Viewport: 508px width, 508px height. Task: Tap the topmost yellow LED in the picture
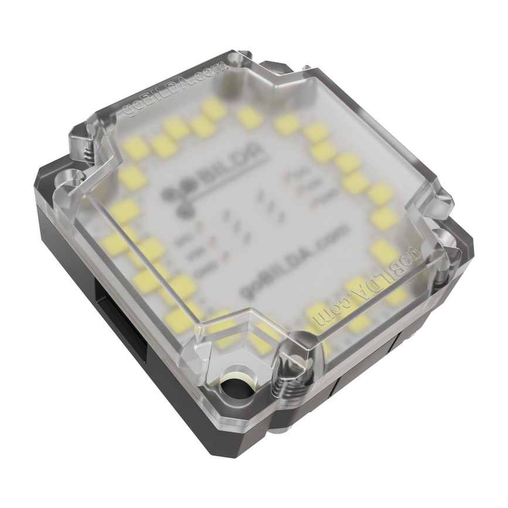213,109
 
